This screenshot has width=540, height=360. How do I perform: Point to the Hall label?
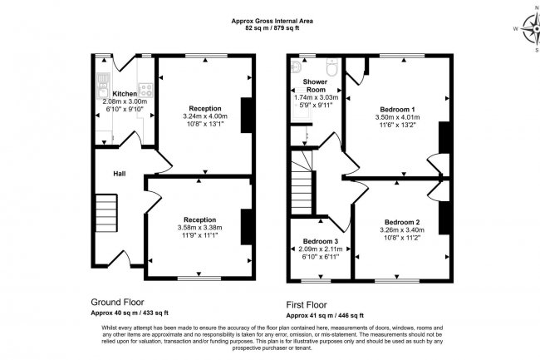pyautogui.click(x=120, y=173)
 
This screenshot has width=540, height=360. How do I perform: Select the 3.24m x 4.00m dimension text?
pyautogui.click(x=204, y=118)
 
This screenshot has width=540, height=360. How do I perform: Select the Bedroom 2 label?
pyautogui.click(x=400, y=221)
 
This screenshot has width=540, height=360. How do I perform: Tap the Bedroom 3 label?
pyautogui.click(x=320, y=241)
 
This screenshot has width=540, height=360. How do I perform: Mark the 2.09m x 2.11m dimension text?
pyautogui.click(x=320, y=249)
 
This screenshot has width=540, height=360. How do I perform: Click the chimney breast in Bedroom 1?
pyautogui.click(x=444, y=137)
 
